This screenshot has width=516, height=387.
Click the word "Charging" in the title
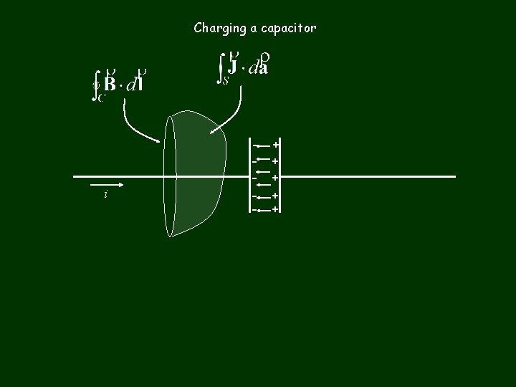[x=217, y=29]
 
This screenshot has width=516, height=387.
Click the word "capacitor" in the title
[x=290, y=29]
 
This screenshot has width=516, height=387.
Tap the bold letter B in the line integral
[x=110, y=84]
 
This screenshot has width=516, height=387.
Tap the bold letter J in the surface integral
[x=232, y=66]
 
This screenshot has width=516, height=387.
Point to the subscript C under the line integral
[x=101, y=99]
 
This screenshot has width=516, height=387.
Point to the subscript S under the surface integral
[x=225, y=81]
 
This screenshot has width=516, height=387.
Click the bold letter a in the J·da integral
[x=263, y=69]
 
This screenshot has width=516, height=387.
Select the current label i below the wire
[x=105, y=195]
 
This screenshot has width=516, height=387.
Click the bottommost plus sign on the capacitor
[x=275, y=209]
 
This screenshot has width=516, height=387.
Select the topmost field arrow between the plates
[x=264, y=145]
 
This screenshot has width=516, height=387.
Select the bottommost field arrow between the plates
[x=264, y=210]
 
